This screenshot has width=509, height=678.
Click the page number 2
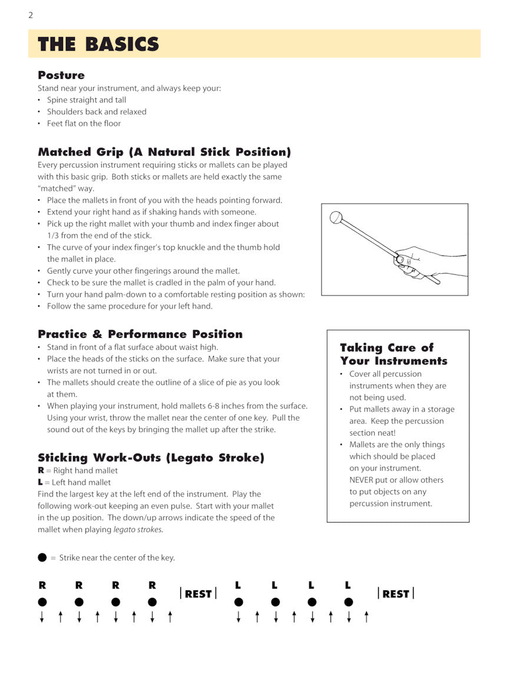tap(31, 15)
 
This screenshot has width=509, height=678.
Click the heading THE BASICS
tap(98, 44)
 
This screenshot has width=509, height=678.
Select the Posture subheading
tap(61, 75)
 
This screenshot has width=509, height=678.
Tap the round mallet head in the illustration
tap(336, 218)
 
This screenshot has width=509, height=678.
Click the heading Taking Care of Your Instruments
tap(393, 354)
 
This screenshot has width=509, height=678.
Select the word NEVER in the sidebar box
tap(364, 480)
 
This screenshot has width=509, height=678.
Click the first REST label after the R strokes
tap(198, 594)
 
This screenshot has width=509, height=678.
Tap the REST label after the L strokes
tap(395, 594)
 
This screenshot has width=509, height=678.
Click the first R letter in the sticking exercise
tap(42, 586)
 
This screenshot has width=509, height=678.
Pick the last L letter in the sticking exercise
tap(348, 586)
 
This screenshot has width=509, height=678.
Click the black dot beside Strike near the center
tap(42, 557)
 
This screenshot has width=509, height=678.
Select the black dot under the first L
tap(239, 602)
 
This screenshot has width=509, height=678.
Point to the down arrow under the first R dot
tap(42, 617)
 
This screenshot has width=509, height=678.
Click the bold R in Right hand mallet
tap(41, 471)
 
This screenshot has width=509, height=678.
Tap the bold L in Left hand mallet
tap(40, 483)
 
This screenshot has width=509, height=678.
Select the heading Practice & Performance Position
tap(140, 334)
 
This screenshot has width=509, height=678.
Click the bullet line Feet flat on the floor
tap(84, 124)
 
